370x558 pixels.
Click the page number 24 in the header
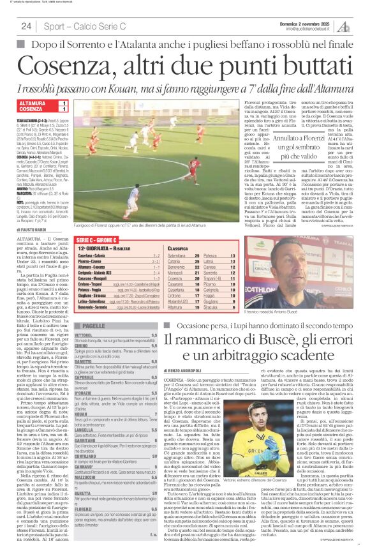[x=26, y=26]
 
